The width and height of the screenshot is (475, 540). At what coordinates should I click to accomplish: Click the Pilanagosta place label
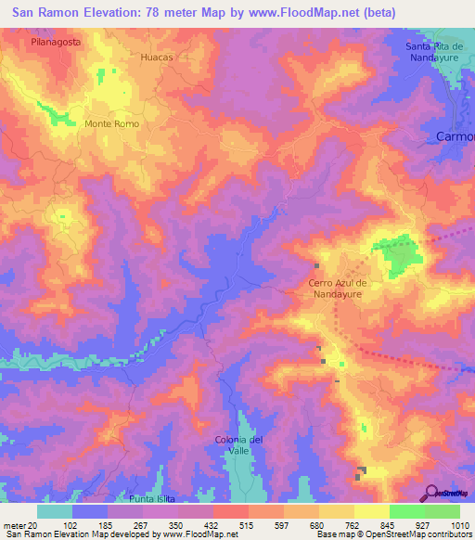pyautogui.click(x=55, y=43)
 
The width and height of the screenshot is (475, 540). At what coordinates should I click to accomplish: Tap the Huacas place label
pyautogui.click(x=157, y=57)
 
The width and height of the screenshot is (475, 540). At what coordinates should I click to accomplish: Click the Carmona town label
pyautogui.click(x=455, y=136)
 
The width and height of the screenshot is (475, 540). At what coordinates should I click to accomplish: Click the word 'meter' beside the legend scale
pyautogui.click(x=13, y=525)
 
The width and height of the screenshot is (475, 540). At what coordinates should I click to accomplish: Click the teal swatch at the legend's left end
pyautogui.click(x=55, y=511)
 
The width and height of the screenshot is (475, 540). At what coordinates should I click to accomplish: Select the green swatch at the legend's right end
pyautogui.click(x=443, y=511)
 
